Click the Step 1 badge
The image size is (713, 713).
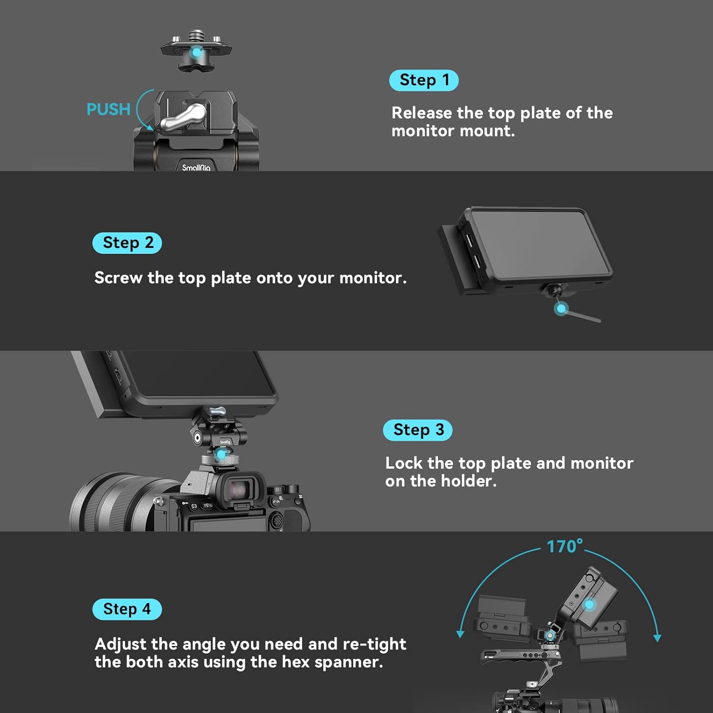(x=424, y=80)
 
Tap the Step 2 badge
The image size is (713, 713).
(x=127, y=243)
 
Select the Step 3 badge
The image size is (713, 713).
(x=418, y=430)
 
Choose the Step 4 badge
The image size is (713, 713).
(x=127, y=609)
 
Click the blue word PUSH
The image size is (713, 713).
(x=108, y=109)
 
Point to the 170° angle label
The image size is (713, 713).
(x=565, y=546)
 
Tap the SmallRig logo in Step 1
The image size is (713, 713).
(x=196, y=167)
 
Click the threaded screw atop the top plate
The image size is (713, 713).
(x=196, y=37)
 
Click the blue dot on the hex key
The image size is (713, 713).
(x=561, y=309)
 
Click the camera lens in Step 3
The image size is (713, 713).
(x=119, y=502)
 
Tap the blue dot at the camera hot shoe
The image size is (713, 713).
(x=222, y=455)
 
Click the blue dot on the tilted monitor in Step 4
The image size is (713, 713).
(x=589, y=605)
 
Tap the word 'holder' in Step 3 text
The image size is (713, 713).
(x=469, y=481)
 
